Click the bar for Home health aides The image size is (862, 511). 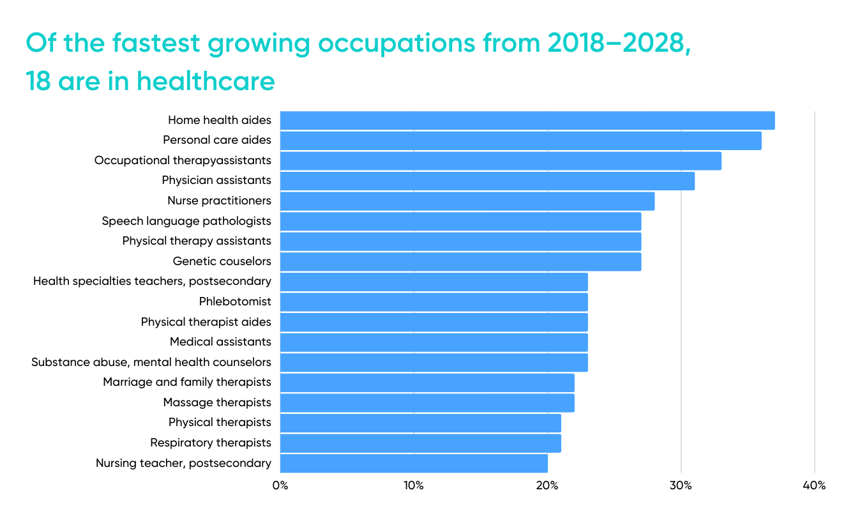[527, 121]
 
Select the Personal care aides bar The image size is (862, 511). [520, 141]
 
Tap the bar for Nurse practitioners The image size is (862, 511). [467, 201]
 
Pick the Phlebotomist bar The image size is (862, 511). [434, 302]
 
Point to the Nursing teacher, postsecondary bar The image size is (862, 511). [414, 463]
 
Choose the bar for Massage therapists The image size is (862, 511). [427, 403]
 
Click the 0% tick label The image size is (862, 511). [280, 485]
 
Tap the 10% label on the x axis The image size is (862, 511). [414, 485]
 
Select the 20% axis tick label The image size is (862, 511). [547, 485]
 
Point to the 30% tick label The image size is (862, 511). [681, 485]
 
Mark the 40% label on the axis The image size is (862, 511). [814, 485]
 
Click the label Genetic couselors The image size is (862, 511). [222, 261]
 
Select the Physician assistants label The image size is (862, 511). [216, 180]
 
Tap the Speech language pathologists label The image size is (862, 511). [186, 222]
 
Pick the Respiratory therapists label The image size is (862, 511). [211, 443]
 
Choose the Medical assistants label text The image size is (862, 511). [220, 342]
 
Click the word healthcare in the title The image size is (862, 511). [206, 81]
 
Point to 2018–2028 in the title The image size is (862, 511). [619, 43]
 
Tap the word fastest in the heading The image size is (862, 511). [156, 43]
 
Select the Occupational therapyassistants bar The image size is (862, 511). [501, 161]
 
